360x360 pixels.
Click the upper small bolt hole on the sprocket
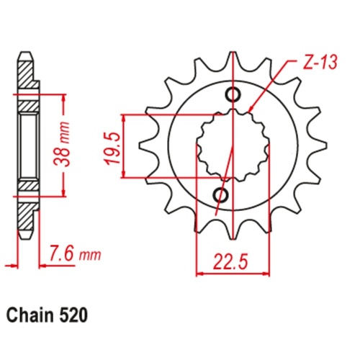tap(233, 94)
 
